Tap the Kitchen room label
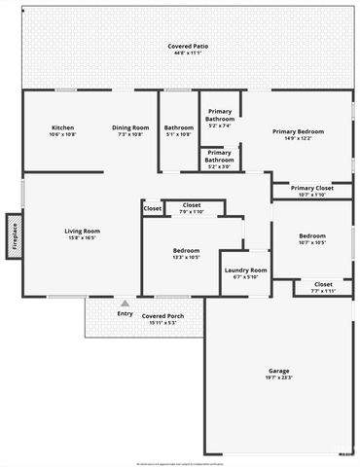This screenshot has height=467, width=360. click(x=63, y=128)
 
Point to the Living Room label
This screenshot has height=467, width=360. click(x=83, y=231)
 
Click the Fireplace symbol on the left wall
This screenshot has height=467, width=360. click(x=15, y=239)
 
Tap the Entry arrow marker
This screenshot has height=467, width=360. click(x=125, y=304)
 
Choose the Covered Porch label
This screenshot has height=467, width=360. click(x=162, y=316)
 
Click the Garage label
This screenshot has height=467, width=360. click(x=279, y=371)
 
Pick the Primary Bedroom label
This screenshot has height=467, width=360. click(x=298, y=131)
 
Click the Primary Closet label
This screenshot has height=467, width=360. click(x=311, y=188)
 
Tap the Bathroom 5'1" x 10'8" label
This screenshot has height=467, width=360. click(x=179, y=128)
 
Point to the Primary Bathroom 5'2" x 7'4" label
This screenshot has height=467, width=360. click(x=220, y=117)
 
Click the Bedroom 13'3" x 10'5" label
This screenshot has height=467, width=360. click(x=186, y=251)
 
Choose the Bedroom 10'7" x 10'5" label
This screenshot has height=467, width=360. click(x=312, y=236)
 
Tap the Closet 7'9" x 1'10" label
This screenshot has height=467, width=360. click(x=191, y=205)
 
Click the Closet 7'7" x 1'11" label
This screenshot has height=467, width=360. click(x=323, y=284)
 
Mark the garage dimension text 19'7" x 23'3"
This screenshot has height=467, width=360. click(x=279, y=377)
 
